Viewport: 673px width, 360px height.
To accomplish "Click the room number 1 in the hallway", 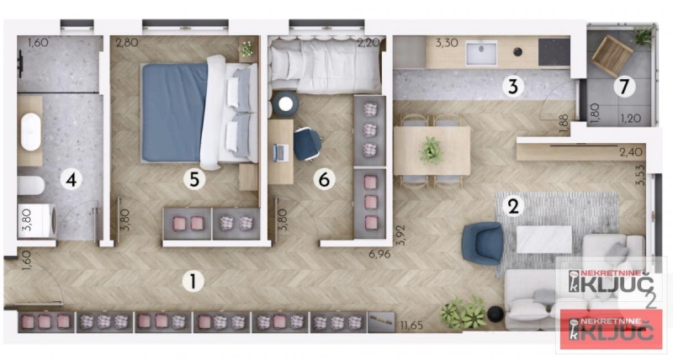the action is pyautogui.click(x=193, y=282).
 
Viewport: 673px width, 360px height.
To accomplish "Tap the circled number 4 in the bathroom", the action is pyautogui.click(x=72, y=179).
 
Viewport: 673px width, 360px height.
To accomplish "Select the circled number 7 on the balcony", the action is pyautogui.click(x=624, y=87).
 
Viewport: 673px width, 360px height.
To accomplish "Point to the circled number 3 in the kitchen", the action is pyautogui.click(x=513, y=87).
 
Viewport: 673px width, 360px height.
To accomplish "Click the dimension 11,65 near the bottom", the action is pyautogui.click(x=411, y=326).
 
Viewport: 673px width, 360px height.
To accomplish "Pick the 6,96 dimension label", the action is pyautogui.click(x=379, y=254).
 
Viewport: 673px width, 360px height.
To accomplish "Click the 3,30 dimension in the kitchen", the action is pyautogui.click(x=447, y=43).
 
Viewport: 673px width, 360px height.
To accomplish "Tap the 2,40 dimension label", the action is pyautogui.click(x=631, y=152).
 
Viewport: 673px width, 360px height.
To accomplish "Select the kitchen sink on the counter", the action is pyautogui.click(x=481, y=53).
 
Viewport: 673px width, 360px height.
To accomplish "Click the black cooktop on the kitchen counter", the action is pyautogui.click(x=554, y=52).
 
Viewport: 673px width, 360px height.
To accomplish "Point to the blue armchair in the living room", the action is pyautogui.click(x=483, y=243).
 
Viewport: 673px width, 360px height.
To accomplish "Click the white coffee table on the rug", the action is pyautogui.click(x=543, y=240).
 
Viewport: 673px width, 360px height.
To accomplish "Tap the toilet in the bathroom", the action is pyautogui.click(x=31, y=186).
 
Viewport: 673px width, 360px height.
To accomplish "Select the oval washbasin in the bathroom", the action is pyautogui.click(x=31, y=132).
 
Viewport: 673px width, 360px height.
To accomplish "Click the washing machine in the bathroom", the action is pyautogui.click(x=37, y=221).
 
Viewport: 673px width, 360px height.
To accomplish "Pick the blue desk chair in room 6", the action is pyautogui.click(x=307, y=144).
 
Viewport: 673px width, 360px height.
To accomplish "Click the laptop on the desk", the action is pyautogui.click(x=280, y=152).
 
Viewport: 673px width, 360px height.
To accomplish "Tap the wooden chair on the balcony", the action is pyautogui.click(x=612, y=56).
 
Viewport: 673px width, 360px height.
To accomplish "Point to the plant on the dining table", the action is pyautogui.click(x=431, y=151).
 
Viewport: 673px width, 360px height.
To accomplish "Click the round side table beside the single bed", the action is pyautogui.click(x=285, y=103).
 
